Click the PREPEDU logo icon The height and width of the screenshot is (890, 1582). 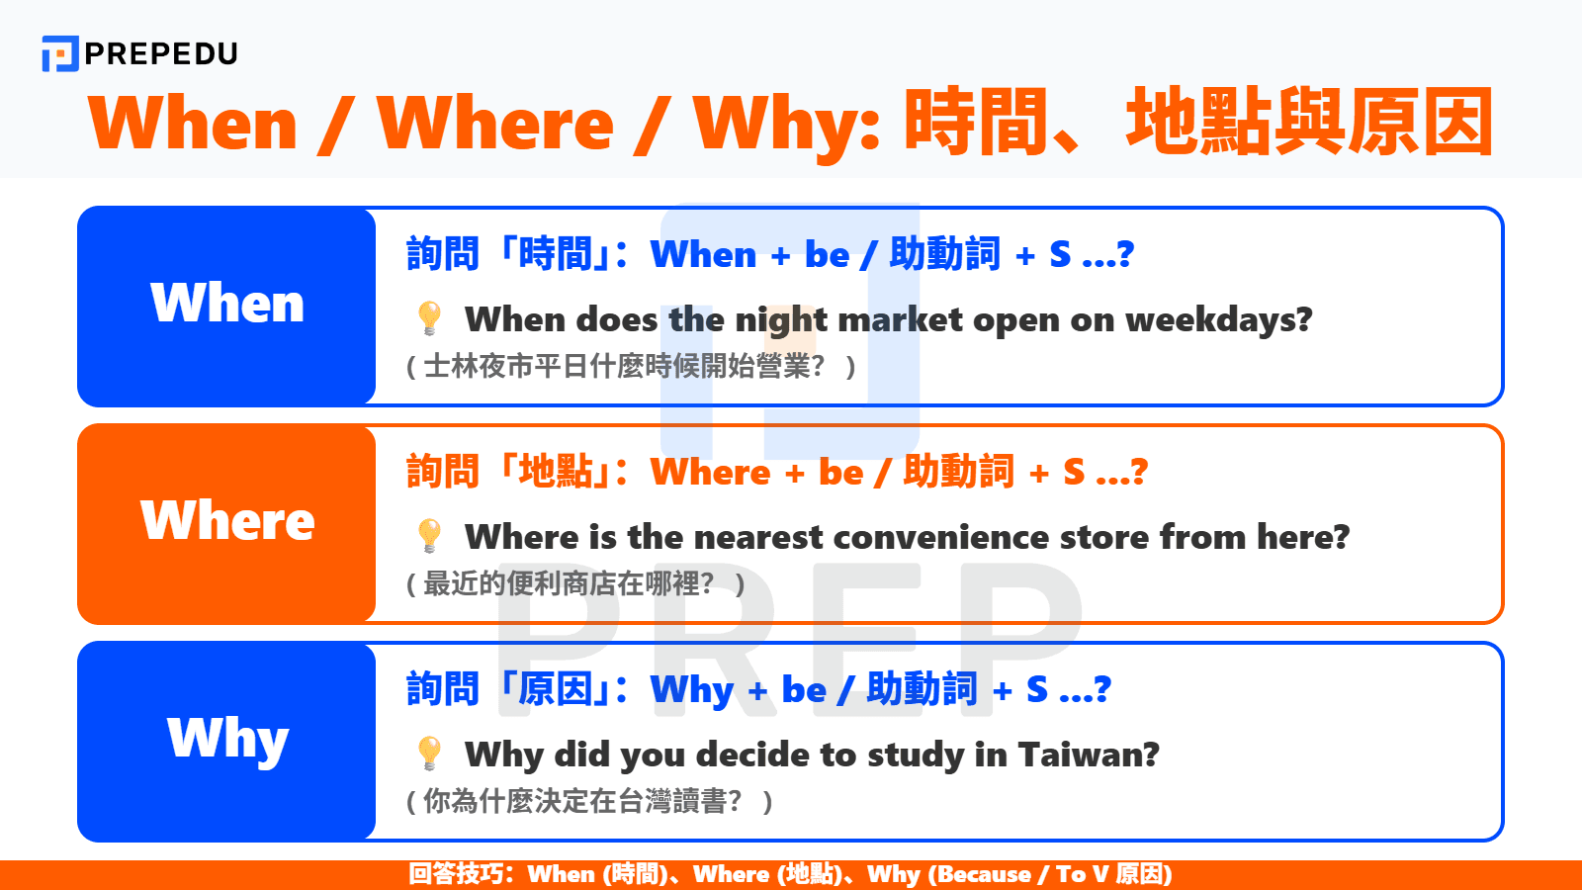[x=59, y=53]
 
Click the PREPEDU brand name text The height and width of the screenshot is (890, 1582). [x=161, y=53]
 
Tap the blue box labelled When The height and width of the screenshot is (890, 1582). [x=226, y=306]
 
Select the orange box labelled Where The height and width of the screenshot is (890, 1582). [x=226, y=523]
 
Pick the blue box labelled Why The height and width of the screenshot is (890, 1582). [x=226, y=741]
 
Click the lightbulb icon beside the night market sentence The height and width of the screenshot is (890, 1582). [x=429, y=318]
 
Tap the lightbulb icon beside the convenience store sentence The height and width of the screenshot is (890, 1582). [x=429, y=536]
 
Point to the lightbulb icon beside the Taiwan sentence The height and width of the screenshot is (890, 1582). [x=429, y=754]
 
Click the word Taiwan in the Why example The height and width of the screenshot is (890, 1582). [x=1088, y=755]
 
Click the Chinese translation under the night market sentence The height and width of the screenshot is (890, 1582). [x=631, y=367]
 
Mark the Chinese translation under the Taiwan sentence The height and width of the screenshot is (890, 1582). [x=589, y=802]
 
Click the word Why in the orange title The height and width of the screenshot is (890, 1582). [x=786, y=125]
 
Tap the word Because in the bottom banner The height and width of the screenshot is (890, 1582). [x=983, y=874]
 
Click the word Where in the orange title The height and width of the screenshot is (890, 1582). [x=495, y=125]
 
